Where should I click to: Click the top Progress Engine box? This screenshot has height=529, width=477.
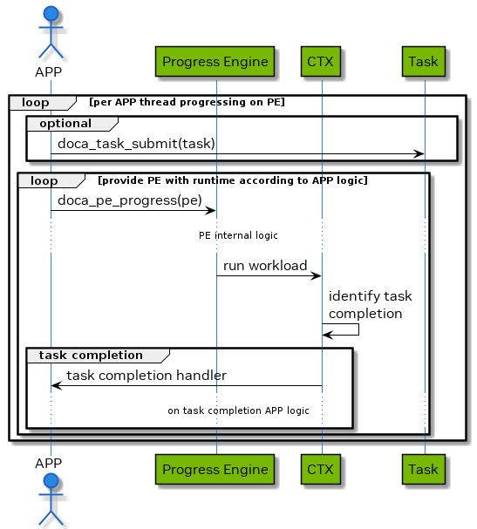[216, 62]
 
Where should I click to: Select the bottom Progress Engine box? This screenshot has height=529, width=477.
[216, 469]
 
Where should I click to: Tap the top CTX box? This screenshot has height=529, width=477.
[321, 62]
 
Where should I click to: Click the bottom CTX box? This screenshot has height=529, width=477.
[321, 469]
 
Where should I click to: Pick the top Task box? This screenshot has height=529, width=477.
[425, 62]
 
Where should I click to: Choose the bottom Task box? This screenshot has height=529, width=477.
[425, 469]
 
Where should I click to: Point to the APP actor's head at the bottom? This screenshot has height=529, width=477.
[51, 483]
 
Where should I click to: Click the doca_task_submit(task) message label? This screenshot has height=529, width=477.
[136, 143]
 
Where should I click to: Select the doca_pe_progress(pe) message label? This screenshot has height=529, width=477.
[130, 200]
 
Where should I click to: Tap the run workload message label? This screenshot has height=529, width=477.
[265, 265]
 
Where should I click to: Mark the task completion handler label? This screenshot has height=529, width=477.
[147, 376]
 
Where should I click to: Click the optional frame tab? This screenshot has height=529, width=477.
[65, 124]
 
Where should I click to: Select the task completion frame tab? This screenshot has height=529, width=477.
[91, 355]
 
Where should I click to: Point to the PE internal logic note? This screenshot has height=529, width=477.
[238, 235]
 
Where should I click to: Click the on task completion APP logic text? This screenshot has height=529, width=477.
[238, 410]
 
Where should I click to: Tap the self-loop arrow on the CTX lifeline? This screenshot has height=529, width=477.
[358, 329]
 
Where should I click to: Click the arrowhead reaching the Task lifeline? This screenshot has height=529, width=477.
[419, 154]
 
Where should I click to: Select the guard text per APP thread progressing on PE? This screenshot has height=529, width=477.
[187, 103]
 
